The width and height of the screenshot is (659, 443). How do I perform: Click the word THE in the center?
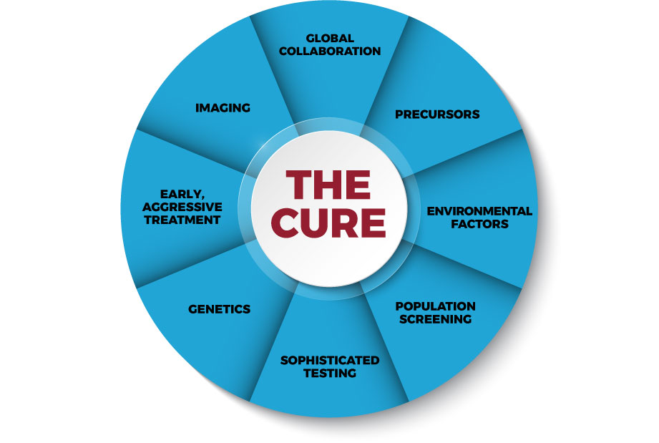[x=328, y=185]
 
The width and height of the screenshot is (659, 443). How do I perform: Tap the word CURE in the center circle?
[x=328, y=223]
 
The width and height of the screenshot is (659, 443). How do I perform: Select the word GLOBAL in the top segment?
[x=330, y=38]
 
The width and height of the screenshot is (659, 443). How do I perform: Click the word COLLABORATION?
[x=330, y=52]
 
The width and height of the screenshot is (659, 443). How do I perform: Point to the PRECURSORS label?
[x=437, y=115]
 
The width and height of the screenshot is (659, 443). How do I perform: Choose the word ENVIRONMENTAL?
[x=479, y=211]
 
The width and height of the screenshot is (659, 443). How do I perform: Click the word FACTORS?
[x=479, y=224]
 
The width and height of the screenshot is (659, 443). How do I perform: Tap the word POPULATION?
[x=436, y=306]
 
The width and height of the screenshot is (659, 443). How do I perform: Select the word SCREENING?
[x=436, y=319]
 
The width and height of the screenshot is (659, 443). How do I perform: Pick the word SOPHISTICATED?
[x=330, y=360]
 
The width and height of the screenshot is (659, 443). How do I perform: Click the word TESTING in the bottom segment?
[x=330, y=374]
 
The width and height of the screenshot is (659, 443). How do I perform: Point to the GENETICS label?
[x=220, y=309]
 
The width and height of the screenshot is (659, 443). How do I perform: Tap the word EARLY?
[x=182, y=194]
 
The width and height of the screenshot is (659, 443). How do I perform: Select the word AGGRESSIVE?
[x=182, y=207]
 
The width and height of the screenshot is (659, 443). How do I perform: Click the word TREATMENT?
[x=182, y=220]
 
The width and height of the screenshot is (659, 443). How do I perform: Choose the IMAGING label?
[x=223, y=108]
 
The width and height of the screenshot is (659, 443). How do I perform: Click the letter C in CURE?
[x=285, y=223]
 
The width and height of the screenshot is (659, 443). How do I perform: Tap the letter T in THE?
[x=298, y=185]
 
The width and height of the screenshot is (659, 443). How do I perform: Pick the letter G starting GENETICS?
[x=193, y=309]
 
